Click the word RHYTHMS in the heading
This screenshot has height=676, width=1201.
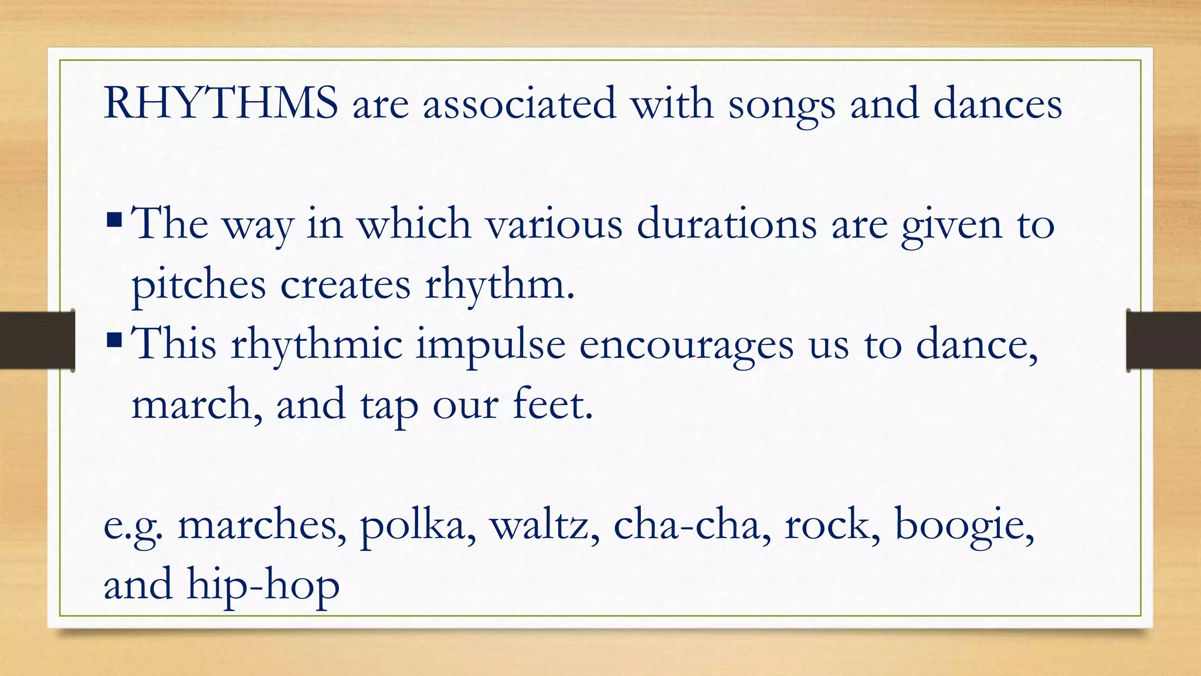click(220, 103)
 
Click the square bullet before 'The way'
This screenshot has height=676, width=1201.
click(114, 221)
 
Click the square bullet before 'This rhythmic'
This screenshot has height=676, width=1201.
click(114, 340)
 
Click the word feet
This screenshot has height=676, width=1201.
click(552, 404)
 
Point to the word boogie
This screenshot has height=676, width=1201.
click(963, 525)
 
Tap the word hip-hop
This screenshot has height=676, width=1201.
click(263, 586)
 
